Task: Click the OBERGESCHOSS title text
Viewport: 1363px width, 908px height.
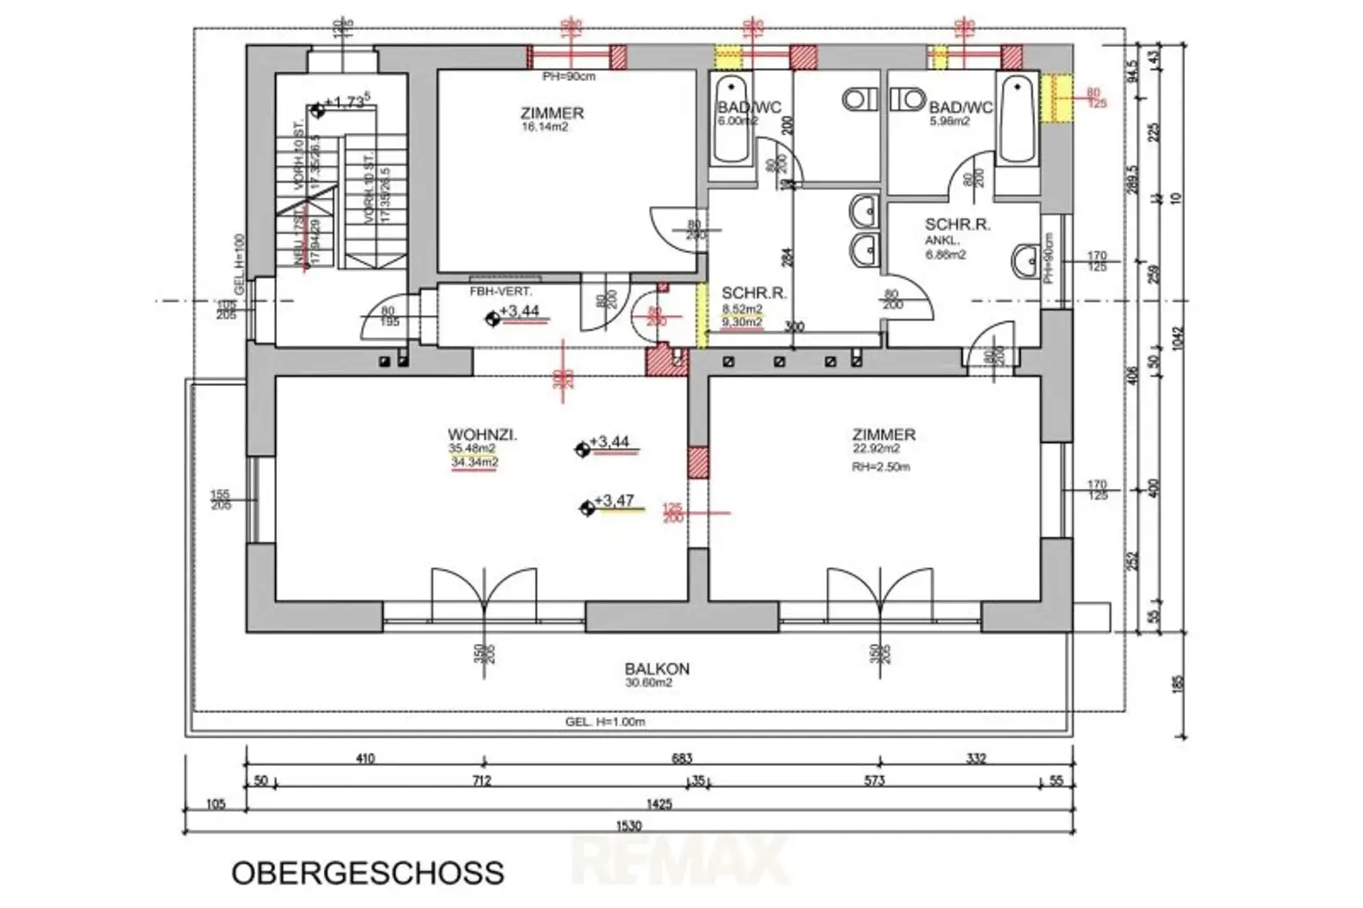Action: coord(367,872)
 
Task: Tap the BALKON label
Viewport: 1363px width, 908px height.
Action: coord(657,669)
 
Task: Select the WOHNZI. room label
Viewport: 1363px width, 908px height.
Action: coord(482,435)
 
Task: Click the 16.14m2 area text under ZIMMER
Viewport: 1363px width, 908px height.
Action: coord(545,128)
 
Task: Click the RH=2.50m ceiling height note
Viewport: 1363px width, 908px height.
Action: coord(880,467)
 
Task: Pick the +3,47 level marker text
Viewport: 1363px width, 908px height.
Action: coord(614,501)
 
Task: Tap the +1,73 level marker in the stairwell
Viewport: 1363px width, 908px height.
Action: coord(346,103)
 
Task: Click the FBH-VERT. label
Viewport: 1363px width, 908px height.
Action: coord(500,292)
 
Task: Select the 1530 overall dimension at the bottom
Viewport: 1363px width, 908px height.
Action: coord(628,826)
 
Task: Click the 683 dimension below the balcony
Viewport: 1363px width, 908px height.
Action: coord(681,759)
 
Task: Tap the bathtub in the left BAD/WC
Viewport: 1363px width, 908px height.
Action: coord(732,120)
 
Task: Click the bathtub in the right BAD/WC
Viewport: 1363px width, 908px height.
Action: coord(1016,120)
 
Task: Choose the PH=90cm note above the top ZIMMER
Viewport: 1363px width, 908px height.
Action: coord(569,77)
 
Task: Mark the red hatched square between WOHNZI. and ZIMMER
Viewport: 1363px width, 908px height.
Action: coord(698,462)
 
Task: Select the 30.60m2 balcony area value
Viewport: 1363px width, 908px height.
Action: coord(648,683)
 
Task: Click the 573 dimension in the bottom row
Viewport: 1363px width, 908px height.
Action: coord(874,781)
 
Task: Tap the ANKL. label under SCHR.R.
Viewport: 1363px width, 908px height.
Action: coord(942,241)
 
